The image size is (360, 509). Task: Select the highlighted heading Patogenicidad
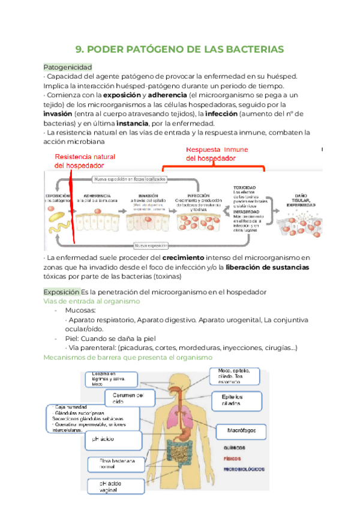[67, 67]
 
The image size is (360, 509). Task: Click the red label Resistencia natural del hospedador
[85, 161]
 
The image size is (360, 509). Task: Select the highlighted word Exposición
[61, 291]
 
